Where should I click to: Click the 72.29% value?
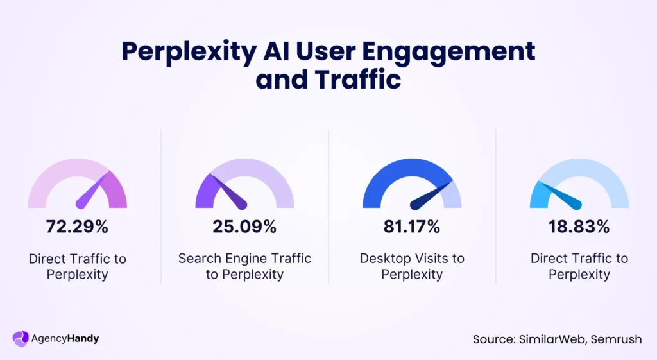coord(77,227)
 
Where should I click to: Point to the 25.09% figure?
coord(244,227)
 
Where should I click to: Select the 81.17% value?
coord(412,227)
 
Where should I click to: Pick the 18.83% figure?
coord(579,227)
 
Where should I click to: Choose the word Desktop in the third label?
coord(383,259)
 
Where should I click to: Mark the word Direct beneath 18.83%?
coord(550,259)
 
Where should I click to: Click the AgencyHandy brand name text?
coord(65,338)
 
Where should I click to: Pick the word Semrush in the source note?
coord(617,339)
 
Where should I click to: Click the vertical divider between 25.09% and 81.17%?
coord(328,205)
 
